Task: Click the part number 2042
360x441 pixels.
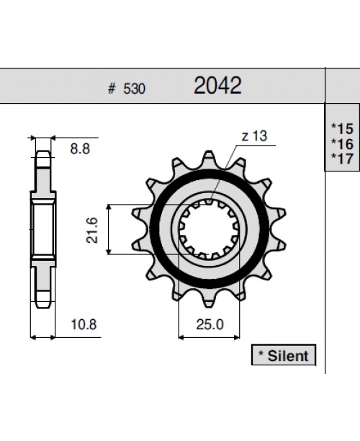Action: (217, 86)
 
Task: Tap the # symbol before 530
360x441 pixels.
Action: (112, 89)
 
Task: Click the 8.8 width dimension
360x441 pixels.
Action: (80, 150)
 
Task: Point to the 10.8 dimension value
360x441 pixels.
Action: (84, 324)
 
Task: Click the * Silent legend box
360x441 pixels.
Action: (281, 355)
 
